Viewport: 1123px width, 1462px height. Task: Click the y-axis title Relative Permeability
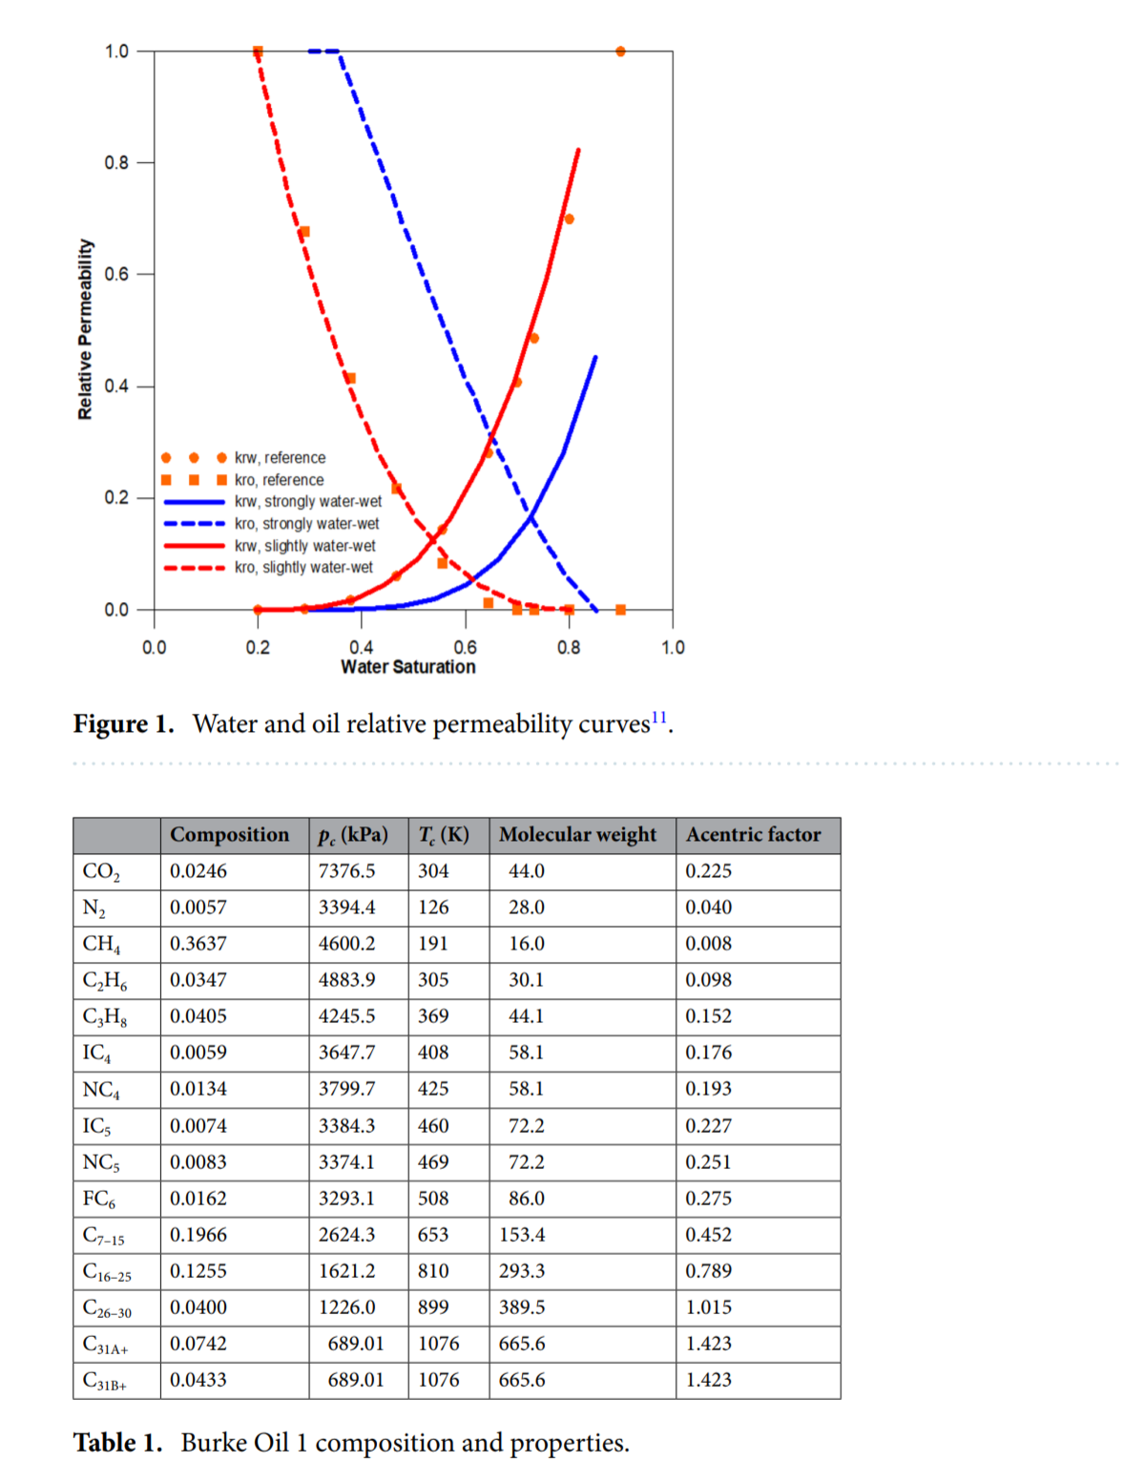86,329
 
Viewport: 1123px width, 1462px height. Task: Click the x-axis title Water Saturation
408,667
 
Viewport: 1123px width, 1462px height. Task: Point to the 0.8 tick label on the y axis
116,163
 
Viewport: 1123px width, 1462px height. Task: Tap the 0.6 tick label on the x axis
466,647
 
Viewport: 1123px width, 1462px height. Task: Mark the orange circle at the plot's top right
621,52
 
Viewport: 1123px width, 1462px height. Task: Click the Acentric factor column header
753,834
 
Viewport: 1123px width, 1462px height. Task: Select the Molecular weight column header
577,834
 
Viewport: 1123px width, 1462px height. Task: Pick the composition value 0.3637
198,943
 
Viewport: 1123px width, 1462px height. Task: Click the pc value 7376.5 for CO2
347,870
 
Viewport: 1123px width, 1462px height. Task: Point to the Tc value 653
433,1234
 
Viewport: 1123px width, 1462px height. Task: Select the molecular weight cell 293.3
522,1270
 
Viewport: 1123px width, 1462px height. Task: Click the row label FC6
99,1199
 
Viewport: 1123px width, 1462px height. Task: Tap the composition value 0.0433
198,1379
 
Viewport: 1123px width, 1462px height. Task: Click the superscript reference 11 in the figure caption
659,718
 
